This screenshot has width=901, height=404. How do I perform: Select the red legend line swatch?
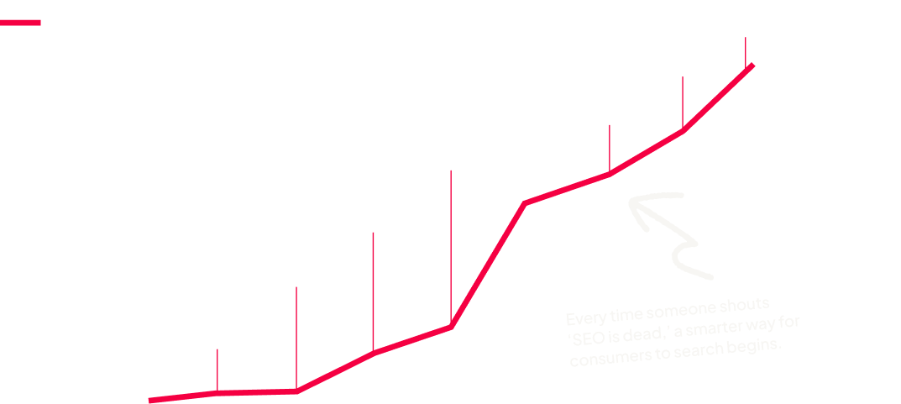[x=20, y=23]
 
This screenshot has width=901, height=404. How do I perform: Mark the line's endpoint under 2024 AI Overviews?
[x=752, y=66]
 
